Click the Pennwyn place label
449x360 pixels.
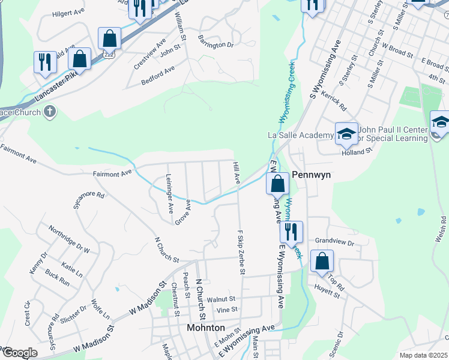312,176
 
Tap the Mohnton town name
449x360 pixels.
206,328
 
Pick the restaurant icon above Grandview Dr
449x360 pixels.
291,231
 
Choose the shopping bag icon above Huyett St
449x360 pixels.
322,261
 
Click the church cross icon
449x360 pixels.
50,112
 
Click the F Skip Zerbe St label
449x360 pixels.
241,252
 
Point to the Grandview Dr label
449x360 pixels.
335,242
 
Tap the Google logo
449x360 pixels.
19,353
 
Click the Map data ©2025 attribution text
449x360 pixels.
423,355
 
